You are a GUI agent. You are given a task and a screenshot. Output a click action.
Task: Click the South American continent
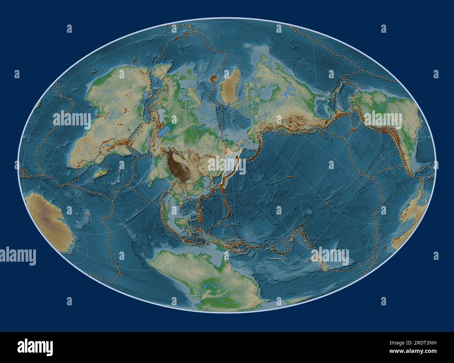(x=391, y=115)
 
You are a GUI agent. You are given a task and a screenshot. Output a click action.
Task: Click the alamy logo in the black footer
(x=35, y=347)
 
